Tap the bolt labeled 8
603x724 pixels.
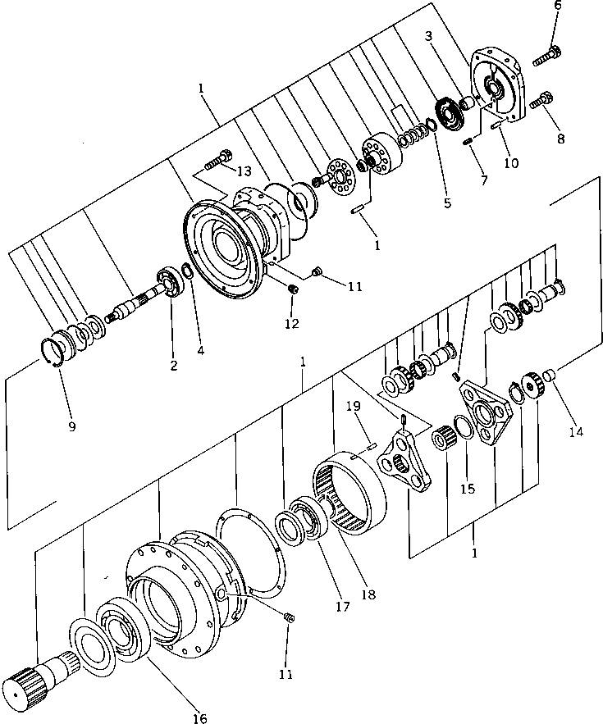(x=541, y=102)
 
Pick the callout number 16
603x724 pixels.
(x=199, y=718)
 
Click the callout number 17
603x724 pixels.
(x=342, y=608)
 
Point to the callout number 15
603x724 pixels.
(x=467, y=489)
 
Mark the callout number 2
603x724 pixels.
(x=173, y=366)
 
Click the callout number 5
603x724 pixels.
(x=447, y=203)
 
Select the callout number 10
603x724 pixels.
(x=511, y=162)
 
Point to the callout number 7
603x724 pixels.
(x=484, y=180)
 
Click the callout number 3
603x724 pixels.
(x=428, y=36)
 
